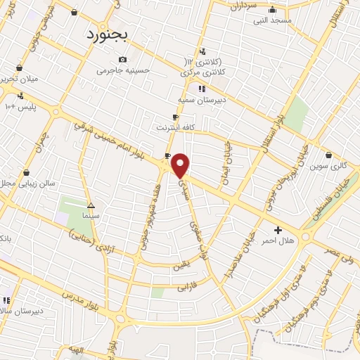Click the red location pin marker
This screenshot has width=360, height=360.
click(181, 165)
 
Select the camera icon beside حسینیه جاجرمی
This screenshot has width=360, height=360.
click(123, 60)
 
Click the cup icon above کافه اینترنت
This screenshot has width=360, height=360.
click(175, 117)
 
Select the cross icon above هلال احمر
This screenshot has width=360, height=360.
click(278, 230)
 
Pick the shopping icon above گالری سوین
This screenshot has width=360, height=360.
click(329, 155)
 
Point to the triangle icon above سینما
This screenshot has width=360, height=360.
click(90, 206)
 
